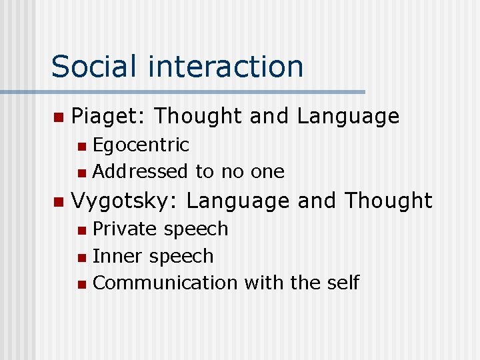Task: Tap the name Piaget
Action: click(x=108, y=117)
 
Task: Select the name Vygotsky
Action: click(x=124, y=200)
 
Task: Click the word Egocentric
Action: click(x=141, y=145)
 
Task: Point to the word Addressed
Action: click(x=141, y=171)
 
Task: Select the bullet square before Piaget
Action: click(x=58, y=117)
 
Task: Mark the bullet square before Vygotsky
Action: click(x=58, y=201)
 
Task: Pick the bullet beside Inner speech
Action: click(x=81, y=257)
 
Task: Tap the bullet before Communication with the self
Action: click(x=81, y=284)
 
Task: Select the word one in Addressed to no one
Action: click(x=267, y=171)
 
